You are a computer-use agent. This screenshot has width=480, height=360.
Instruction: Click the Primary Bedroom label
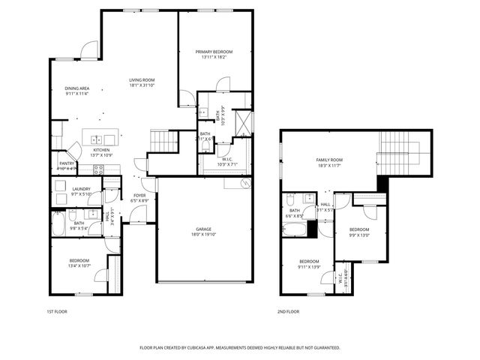[214, 52]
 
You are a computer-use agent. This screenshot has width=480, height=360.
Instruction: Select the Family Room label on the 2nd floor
[328, 160]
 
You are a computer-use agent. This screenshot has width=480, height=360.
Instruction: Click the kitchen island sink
[98, 139]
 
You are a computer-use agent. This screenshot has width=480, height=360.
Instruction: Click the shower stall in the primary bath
[243, 121]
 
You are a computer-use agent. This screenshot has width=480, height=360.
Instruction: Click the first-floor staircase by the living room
[163, 139]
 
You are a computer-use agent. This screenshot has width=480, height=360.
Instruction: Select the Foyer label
[140, 196]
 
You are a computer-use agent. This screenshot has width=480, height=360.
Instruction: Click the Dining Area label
[76, 88]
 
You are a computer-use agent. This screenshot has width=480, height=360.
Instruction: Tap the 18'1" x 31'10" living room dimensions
[142, 85]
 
